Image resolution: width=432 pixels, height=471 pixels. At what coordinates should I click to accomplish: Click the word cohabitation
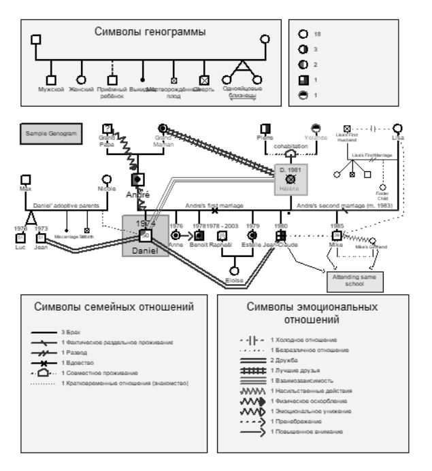coord(291,146)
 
